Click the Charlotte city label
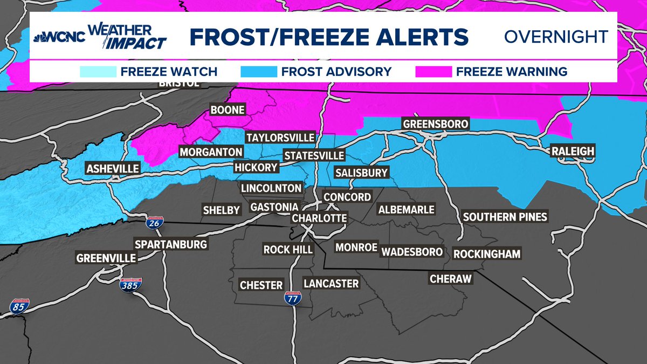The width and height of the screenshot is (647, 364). coord(319,218)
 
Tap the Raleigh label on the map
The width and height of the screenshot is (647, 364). coord(573,152)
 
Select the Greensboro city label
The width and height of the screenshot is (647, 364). coord(436,125)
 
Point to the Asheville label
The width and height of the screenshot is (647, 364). coord(113,169)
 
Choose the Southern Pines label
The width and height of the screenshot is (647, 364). coord(505,217)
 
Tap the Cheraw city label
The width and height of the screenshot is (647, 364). coord(450,279)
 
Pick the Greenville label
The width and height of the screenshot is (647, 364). coord(106,258)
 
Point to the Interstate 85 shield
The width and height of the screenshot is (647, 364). coord(19,307)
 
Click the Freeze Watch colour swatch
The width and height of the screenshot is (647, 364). coord(98,71)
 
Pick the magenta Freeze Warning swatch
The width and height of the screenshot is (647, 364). coord(433,71)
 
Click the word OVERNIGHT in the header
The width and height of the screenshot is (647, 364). coord(556,37)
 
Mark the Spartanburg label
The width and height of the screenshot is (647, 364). coord(171,244)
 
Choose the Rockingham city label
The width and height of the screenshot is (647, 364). coord(487,253)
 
